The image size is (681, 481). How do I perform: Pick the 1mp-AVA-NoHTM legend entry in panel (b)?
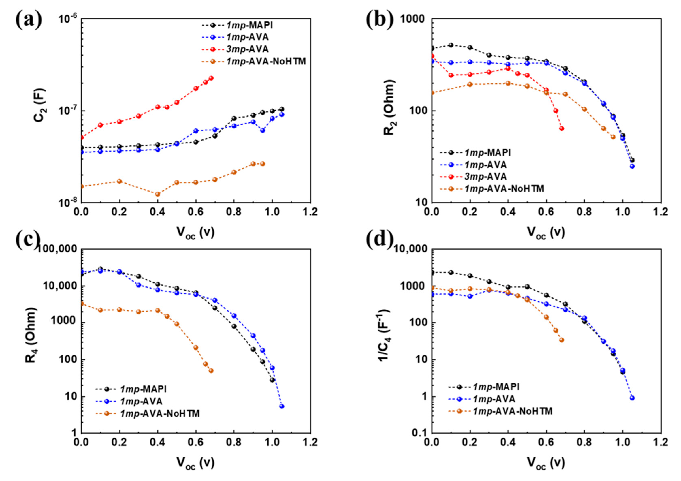coord(504,189)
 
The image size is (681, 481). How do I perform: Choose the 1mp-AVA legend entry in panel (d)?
coord(494,399)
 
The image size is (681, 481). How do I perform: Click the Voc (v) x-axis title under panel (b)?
coord(546,233)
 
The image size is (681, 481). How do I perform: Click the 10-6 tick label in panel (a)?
coord(68,19)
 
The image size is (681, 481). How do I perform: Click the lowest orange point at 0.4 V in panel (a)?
coord(158,194)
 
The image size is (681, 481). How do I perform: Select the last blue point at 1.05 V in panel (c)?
coord(282,406)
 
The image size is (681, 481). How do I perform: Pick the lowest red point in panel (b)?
coord(562,128)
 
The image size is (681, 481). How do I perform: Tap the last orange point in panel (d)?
coord(562,340)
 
